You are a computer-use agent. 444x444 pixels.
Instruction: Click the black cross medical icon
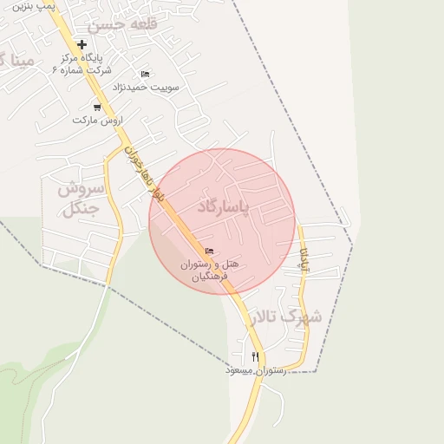(x=82, y=44)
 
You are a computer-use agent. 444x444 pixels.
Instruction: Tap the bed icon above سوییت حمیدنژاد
(x=144, y=74)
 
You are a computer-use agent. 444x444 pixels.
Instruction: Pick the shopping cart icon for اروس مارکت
(x=97, y=108)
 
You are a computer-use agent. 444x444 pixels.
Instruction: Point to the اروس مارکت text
(x=97, y=119)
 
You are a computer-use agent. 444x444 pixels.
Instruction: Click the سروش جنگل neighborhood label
(x=82, y=198)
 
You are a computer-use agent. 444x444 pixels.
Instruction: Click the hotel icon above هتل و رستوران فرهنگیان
(x=208, y=251)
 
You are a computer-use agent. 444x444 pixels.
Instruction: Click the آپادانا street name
(x=304, y=259)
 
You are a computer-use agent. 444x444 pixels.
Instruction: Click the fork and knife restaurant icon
(x=255, y=356)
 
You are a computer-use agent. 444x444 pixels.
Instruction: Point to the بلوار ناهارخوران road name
(x=145, y=173)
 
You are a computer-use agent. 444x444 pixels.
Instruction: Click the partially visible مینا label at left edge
(x=17, y=61)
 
